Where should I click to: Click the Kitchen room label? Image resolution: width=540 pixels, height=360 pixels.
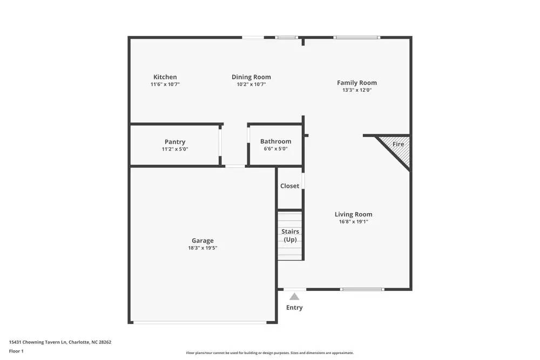pyautogui.click(x=165, y=77)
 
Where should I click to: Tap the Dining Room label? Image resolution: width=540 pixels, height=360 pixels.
pyautogui.click(x=251, y=77)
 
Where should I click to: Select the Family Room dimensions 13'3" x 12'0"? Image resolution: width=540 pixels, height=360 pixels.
pyautogui.click(x=356, y=90)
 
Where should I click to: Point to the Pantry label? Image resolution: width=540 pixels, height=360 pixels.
pyautogui.click(x=175, y=142)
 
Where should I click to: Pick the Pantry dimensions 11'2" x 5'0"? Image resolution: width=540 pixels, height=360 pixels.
pyautogui.click(x=175, y=149)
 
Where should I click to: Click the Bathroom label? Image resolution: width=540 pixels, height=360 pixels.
pyautogui.click(x=275, y=141)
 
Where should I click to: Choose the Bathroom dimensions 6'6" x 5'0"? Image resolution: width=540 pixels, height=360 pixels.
pyautogui.click(x=275, y=149)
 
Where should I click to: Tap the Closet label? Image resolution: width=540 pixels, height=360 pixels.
pyautogui.click(x=289, y=186)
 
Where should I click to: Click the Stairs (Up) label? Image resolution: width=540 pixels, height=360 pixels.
pyautogui.click(x=290, y=235)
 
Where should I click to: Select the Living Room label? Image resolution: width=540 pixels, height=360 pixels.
pyautogui.click(x=353, y=214)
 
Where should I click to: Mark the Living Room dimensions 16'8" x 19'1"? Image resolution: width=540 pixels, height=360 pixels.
pyautogui.click(x=353, y=221)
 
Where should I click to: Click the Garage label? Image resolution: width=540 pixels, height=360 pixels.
pyautogui.click(x=202, y=241)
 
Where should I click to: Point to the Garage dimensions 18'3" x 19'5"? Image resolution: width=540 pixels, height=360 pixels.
pyautogui.click(x=202, y=248)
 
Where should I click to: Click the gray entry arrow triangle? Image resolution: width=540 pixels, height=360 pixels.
pyautogui.click(x=294, y=296)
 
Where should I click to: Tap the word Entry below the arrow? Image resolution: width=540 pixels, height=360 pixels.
pyautogui.click(x=294, y=308)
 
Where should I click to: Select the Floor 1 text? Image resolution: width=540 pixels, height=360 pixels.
pyautogui.click(x=16, y=351)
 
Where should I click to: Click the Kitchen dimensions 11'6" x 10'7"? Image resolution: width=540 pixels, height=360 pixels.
pyautogui.click(x=165, y=84)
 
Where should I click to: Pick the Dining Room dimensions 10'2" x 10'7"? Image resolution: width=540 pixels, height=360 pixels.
pyautogui.click(x=251, y=84)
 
